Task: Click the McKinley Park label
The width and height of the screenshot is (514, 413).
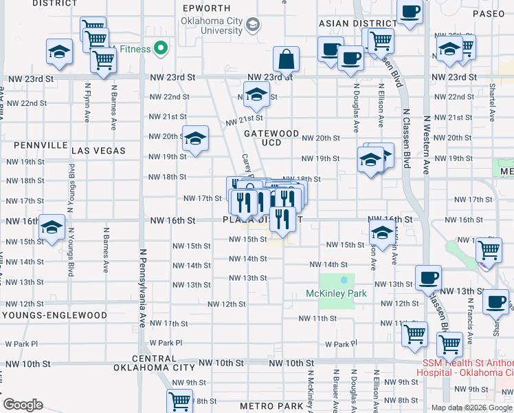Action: [336, 293]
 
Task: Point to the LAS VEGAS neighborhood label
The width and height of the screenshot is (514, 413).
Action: [98, 150]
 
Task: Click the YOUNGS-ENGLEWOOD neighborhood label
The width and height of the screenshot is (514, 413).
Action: [55, 315]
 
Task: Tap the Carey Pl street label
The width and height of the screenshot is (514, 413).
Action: [245, 165]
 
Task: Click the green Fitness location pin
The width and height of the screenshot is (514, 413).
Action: [161, 48]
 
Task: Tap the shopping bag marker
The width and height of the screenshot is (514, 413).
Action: [285, 59]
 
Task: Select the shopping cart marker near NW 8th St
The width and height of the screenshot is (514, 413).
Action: [179, 400]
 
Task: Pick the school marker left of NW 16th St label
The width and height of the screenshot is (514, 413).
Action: [51, 227]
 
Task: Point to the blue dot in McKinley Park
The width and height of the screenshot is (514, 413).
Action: [344, 280]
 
